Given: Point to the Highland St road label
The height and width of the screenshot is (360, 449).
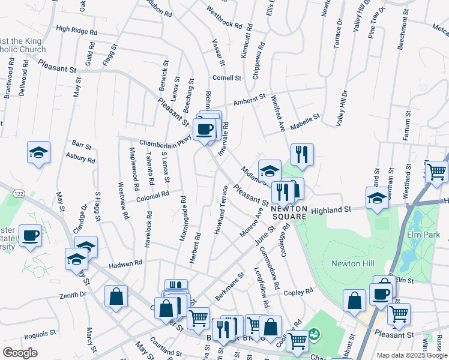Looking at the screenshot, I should pyautogui.click(x=330, y=210).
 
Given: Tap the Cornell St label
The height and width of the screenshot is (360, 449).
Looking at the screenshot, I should pyautogui.click(x=226, y=78).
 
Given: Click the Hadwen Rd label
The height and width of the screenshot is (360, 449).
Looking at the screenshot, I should pyautogui.click(x=125, y=263).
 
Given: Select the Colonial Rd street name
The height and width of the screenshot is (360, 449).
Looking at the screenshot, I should pyautogui.click(x=152, y=196).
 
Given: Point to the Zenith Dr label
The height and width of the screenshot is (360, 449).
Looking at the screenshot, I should pyautogui.click(x=73, y=295).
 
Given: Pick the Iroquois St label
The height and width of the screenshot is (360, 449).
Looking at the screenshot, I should pyautogui.click(x=40, y=331).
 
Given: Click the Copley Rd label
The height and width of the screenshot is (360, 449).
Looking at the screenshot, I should pyautogui.click(x=298, y=292).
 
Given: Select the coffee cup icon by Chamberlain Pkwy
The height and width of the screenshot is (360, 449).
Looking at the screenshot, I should pyautogui.click(x=205, y=128).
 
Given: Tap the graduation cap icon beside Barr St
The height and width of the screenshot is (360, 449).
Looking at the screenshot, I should pyautogui.click(x=38, y=153).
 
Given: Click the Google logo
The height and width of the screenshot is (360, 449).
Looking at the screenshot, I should pyautogui.click(x=20, y=353).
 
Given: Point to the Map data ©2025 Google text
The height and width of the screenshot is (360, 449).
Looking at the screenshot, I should pyautogui.click(x=412, y=355).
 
